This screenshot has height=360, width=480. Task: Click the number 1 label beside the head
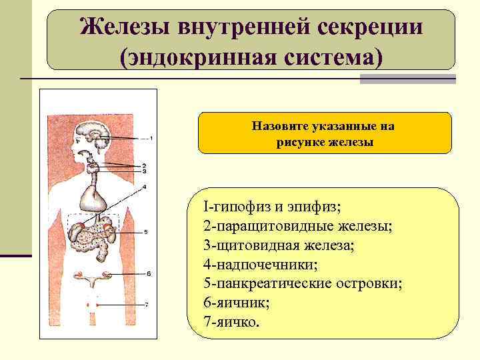(151, 139)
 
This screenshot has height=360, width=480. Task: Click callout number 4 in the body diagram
(145, 186)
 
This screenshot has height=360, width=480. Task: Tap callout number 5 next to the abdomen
(145, 232)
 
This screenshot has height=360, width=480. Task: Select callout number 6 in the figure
(149, 273)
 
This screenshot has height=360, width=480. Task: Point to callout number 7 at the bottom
(146, 305)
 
